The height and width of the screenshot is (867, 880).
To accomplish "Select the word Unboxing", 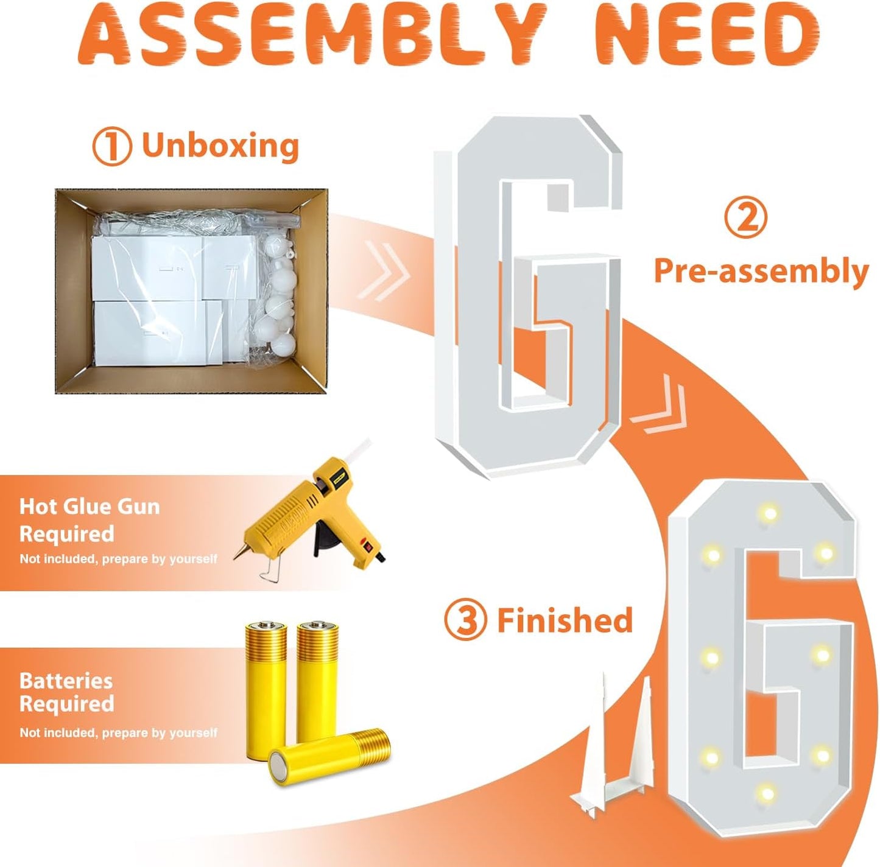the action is coord(220,146).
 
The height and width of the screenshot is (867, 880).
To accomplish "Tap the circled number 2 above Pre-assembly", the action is coord(746,217).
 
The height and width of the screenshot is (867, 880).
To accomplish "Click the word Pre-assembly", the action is coord(761,271).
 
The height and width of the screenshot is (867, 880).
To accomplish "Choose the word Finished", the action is coord(565,620).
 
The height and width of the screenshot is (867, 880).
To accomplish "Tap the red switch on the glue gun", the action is coord(365,545).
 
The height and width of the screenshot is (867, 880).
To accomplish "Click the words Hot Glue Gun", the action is coord(90,507).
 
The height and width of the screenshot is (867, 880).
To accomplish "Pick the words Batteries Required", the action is coord(66,692).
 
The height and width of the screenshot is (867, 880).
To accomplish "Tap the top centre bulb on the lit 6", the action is coord(769,513).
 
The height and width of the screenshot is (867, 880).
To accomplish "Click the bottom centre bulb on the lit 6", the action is coord(766,793).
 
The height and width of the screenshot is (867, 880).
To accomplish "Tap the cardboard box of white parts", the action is coord(191,291).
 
